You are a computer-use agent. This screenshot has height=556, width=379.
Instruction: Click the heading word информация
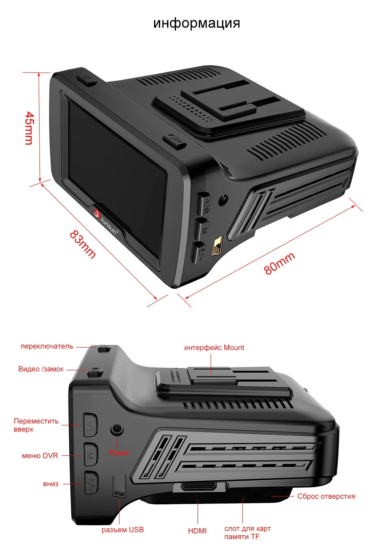[196, 23]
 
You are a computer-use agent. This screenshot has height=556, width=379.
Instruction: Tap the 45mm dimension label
[29, 128]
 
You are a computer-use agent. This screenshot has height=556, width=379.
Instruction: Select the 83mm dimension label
[83, 244]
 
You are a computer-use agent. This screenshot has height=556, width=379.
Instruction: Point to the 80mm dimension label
[279, 263]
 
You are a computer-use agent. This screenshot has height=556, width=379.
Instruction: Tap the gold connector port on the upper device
[218, 246]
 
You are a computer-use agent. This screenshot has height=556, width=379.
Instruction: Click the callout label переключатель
[47, 346]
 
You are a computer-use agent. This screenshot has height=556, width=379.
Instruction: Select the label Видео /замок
[41, 369]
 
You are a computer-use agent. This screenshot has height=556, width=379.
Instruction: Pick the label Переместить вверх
[36, 425]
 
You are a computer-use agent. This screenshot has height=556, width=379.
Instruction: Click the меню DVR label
[40, 455]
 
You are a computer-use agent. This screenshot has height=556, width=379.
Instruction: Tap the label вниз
[51, 484]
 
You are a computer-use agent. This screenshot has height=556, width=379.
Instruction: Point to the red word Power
[119, 453]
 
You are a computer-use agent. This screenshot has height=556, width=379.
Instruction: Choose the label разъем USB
[123, 530]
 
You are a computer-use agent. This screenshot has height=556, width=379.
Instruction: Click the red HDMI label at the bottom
[197, 531]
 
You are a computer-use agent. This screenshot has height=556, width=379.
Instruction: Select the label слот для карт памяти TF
[247, 533]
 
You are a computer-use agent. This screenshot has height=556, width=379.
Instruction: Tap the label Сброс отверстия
[326, 496]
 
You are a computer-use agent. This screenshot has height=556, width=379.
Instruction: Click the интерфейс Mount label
[214, 348]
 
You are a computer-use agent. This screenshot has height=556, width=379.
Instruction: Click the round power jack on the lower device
[117, 429]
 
